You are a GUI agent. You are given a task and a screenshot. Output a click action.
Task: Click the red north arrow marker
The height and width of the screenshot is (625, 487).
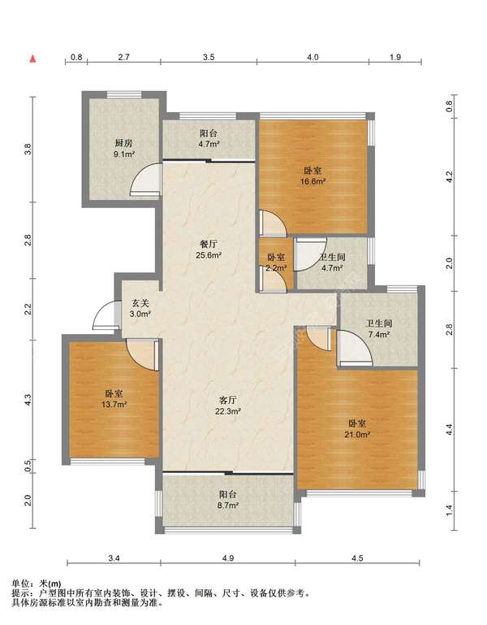click(33, 59)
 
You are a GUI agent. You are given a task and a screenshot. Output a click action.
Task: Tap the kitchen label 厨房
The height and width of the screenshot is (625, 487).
click(123, 143)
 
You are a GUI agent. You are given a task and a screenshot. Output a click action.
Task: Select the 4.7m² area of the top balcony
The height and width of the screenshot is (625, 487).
click(209, 145)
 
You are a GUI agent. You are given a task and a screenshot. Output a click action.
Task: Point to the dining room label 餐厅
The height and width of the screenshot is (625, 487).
click(209, 244)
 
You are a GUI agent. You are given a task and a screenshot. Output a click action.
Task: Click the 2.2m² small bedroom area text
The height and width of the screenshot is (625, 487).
click(276, 268)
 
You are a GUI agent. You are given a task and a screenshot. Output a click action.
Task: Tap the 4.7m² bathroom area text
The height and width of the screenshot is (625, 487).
click(332, 268)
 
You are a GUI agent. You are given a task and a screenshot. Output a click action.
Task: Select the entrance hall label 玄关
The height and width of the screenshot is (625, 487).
click(140, 303)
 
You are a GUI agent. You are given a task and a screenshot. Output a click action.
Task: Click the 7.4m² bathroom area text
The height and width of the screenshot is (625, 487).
click(379, 335)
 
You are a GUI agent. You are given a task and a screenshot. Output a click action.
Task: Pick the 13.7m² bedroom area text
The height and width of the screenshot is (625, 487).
click(114, 405)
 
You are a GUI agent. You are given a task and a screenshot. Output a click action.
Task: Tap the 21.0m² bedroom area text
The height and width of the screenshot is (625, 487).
click(357, 435)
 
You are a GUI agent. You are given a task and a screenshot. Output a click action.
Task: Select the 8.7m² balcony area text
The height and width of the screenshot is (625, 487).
click(228, 506)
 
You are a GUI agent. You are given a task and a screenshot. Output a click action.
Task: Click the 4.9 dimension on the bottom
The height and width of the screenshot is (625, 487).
click(228, 558)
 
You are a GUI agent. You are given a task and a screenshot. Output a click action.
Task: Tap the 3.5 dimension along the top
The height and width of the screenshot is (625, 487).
click(209, 57)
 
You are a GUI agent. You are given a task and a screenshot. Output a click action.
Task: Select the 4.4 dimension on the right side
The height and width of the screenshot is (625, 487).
click(450, 429)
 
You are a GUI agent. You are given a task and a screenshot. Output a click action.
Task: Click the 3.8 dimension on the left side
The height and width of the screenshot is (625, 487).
click(27, 149)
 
